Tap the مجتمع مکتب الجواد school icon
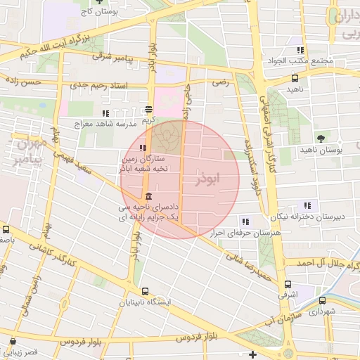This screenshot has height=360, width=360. [x=300, y=50]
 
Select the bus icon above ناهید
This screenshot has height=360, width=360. [x=294, y=79]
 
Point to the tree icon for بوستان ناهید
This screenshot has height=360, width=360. [x=321, y=138]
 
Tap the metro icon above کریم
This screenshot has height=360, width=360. [x=148, y=109]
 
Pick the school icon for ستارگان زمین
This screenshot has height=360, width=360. [x=143, y=148]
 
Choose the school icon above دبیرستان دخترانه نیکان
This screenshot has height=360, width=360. [x=306, y=205]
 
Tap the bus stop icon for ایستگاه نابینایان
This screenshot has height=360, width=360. [x=145, y=291]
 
